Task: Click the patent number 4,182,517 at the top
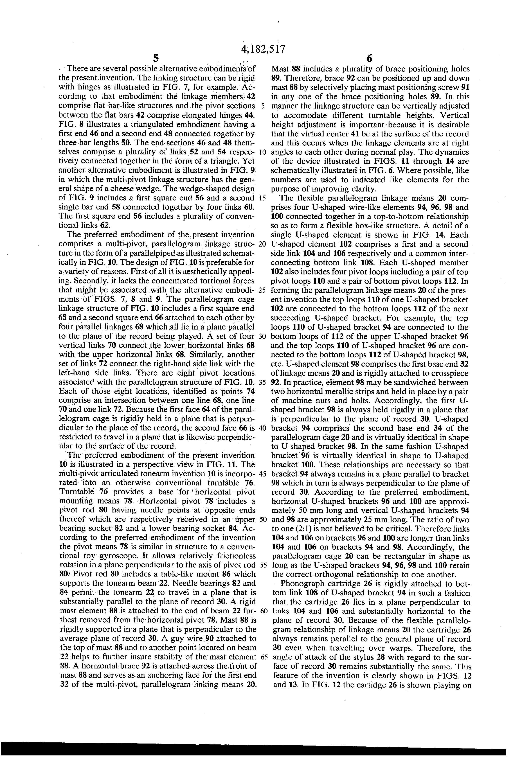click(263, 49)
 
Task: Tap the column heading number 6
click(369, 58)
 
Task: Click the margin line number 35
click(263, 382)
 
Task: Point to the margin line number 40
click(263, 428)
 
